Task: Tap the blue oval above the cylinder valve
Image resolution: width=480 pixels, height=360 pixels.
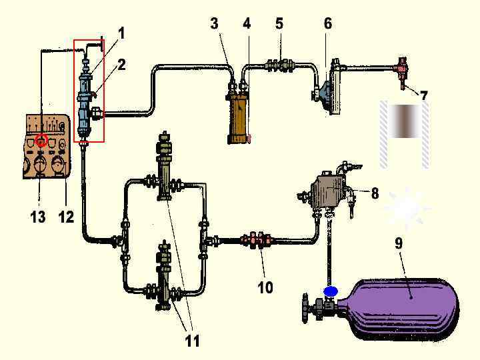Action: pos(329,291)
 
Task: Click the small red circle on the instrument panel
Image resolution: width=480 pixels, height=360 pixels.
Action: pos(41,141)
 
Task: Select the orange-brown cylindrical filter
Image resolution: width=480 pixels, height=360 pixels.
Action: pos(237,118)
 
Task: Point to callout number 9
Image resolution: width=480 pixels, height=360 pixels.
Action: pos(399,243)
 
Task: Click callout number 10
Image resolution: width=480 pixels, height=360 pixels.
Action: pos(265,287)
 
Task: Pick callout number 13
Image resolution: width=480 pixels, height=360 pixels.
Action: pos(38,217)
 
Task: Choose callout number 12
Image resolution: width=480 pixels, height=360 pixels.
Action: pos(66,217)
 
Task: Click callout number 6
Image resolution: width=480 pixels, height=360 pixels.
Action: pos(327,23)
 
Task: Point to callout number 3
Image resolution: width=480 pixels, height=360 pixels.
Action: pos(214,23)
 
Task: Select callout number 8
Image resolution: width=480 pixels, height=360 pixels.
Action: pos(375,193)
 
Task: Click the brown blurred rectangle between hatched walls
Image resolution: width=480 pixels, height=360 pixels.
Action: pos(404,121)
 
